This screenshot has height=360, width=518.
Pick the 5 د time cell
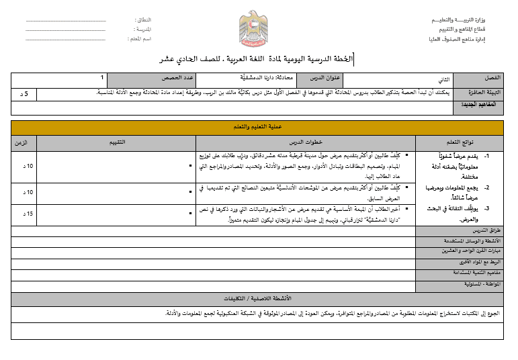pos(24,93)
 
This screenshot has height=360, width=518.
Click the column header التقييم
pos(118,142)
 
